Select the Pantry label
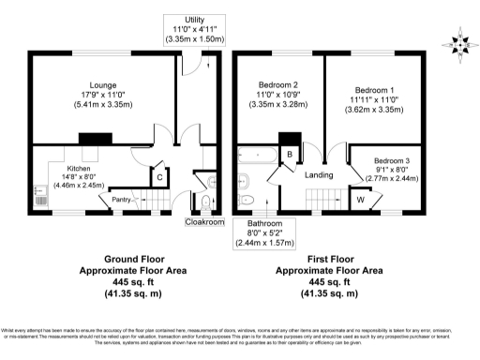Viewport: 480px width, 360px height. (120, 199)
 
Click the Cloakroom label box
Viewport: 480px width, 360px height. (205, 222)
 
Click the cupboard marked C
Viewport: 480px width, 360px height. (160, 176)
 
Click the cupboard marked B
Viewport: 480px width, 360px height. (291, 155)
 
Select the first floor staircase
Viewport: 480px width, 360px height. (322, 199)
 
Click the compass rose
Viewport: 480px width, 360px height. (458, 43)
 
